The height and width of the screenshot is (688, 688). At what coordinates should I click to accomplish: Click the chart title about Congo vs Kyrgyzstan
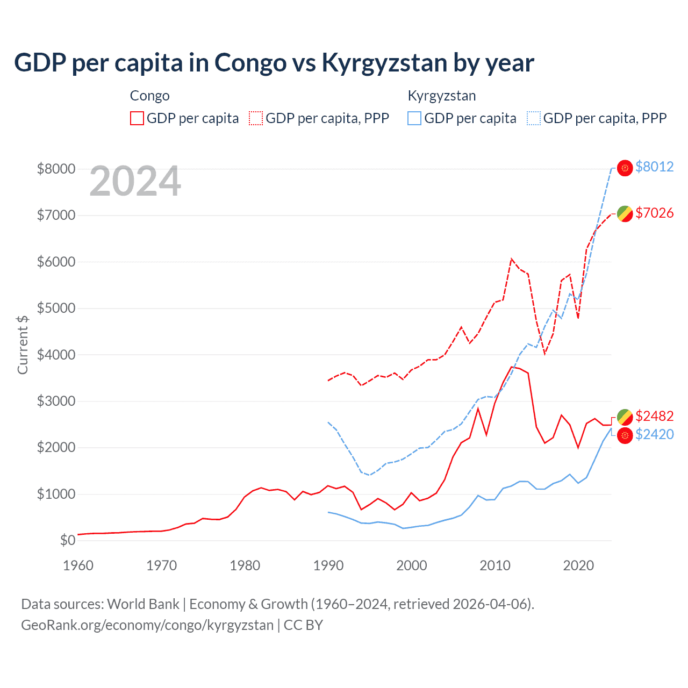[274, 63]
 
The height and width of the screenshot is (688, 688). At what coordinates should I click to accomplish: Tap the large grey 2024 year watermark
[135, 181]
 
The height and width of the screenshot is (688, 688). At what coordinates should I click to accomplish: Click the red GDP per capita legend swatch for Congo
[137, 118]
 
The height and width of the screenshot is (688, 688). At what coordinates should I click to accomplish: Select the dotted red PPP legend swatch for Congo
[256, 118]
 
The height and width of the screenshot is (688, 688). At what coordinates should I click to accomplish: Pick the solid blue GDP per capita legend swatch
[414, 118]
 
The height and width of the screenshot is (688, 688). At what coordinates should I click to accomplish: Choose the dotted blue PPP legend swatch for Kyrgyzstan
[534, 118]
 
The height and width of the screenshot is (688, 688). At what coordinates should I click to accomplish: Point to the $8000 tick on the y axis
[56, 169]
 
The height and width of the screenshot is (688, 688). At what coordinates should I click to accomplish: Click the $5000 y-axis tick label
[56, 308]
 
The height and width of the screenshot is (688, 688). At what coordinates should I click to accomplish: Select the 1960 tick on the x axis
[78, 565]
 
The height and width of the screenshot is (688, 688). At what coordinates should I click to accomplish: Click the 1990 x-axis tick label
[328, 565]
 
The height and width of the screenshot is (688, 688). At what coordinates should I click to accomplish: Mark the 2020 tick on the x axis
[578, 565]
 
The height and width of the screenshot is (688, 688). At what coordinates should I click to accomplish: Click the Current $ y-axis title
[23, 345]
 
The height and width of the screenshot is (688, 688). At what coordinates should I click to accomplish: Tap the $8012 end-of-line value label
[654, 167]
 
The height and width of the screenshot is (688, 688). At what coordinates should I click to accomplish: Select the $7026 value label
[654, 213]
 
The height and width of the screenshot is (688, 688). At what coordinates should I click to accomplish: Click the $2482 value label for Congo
[654, 416]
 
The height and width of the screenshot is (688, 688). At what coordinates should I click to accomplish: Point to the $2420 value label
[654, 434]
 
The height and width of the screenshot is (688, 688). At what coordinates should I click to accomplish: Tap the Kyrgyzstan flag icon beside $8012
[625, 168]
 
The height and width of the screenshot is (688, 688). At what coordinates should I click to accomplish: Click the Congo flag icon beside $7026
[625, 214]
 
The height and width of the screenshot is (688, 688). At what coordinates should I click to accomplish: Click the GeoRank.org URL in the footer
[147, 625]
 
